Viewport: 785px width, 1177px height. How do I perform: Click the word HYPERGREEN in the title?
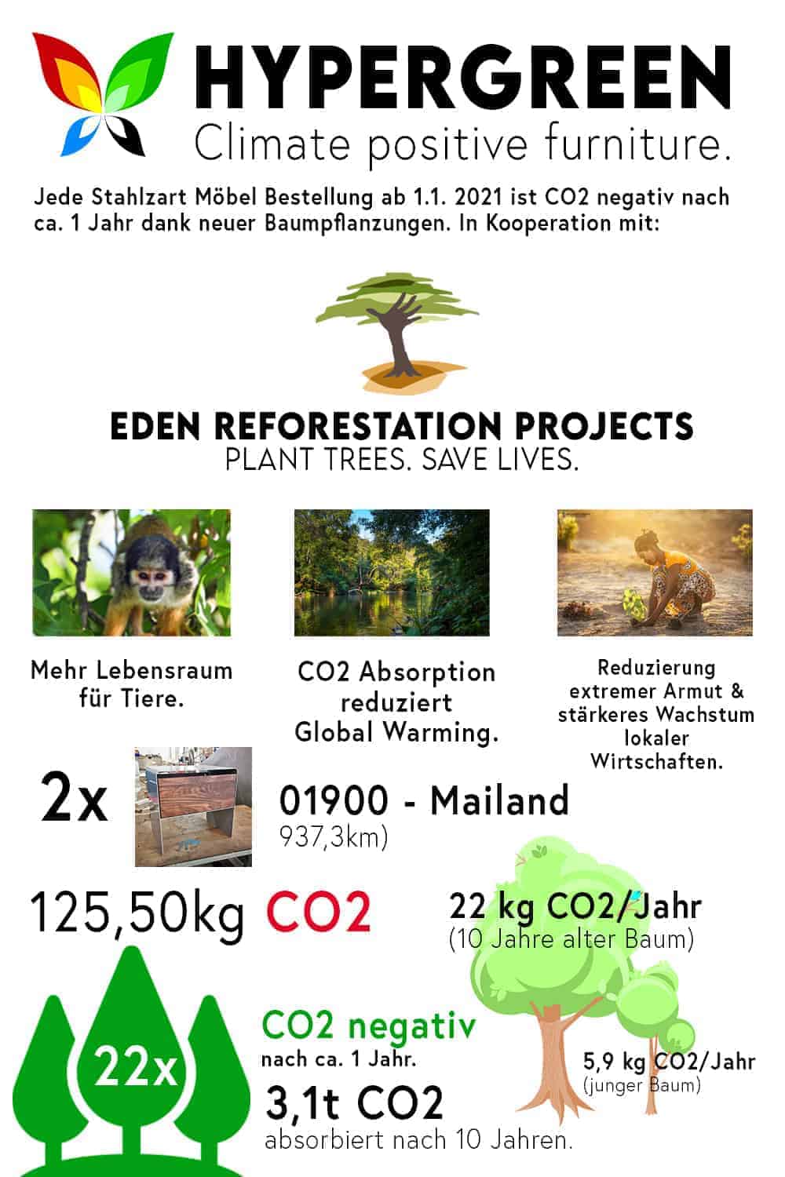[462, 78]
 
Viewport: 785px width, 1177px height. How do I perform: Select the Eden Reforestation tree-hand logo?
[397, 332]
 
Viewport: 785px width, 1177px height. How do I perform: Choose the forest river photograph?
[392, 572]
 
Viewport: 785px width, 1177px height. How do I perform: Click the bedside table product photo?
[193, 807]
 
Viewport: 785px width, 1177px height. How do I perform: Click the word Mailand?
[499, 800]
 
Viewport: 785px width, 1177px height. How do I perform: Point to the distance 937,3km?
[334, 837]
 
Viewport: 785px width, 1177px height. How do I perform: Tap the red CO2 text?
[319, 911]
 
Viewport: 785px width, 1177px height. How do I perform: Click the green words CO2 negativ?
[369, 1026]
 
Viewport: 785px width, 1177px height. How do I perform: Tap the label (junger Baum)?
[642, 1085]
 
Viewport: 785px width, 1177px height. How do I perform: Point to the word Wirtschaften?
[657, 761]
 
